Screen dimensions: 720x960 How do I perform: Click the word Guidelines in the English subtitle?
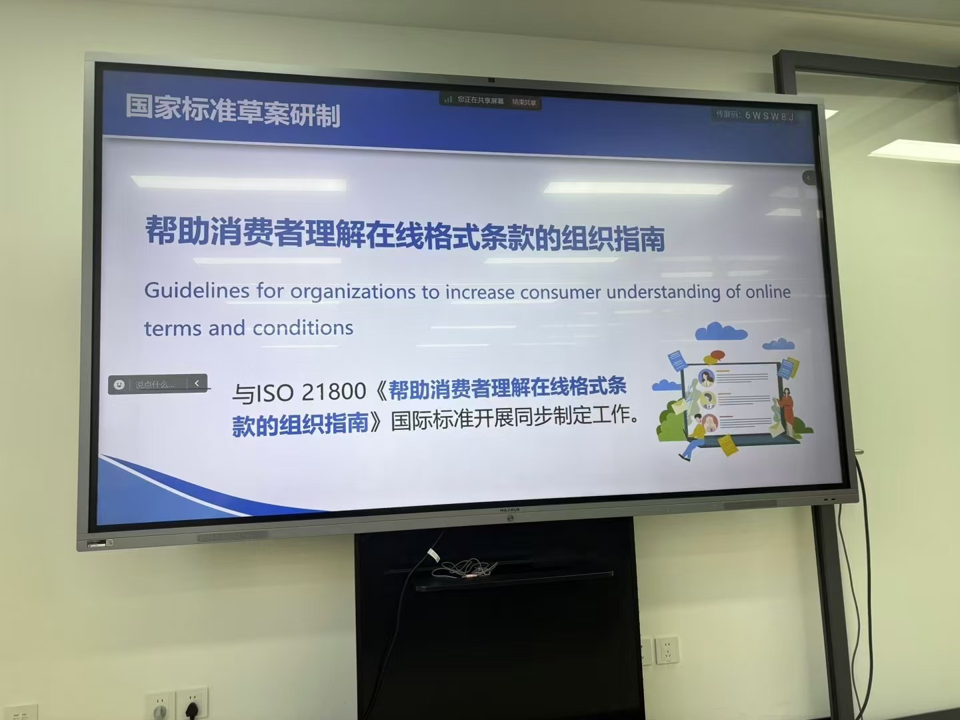point(187,291)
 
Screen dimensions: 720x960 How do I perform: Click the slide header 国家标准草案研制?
point(233,110)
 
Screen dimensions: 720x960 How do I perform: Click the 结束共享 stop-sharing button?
point(524,103)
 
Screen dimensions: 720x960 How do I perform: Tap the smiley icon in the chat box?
point(119,385)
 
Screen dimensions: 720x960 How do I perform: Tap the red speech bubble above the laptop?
point(717,355)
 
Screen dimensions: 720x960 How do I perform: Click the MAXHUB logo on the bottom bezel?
point(509,510)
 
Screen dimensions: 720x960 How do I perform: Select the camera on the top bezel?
point(491,80)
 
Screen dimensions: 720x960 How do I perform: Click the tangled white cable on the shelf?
point(463,569)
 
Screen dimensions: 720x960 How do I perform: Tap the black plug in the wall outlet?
point(193,709)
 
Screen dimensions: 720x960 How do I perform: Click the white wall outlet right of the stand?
point(666,649)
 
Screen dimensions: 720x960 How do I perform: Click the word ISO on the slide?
point(273,393)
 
